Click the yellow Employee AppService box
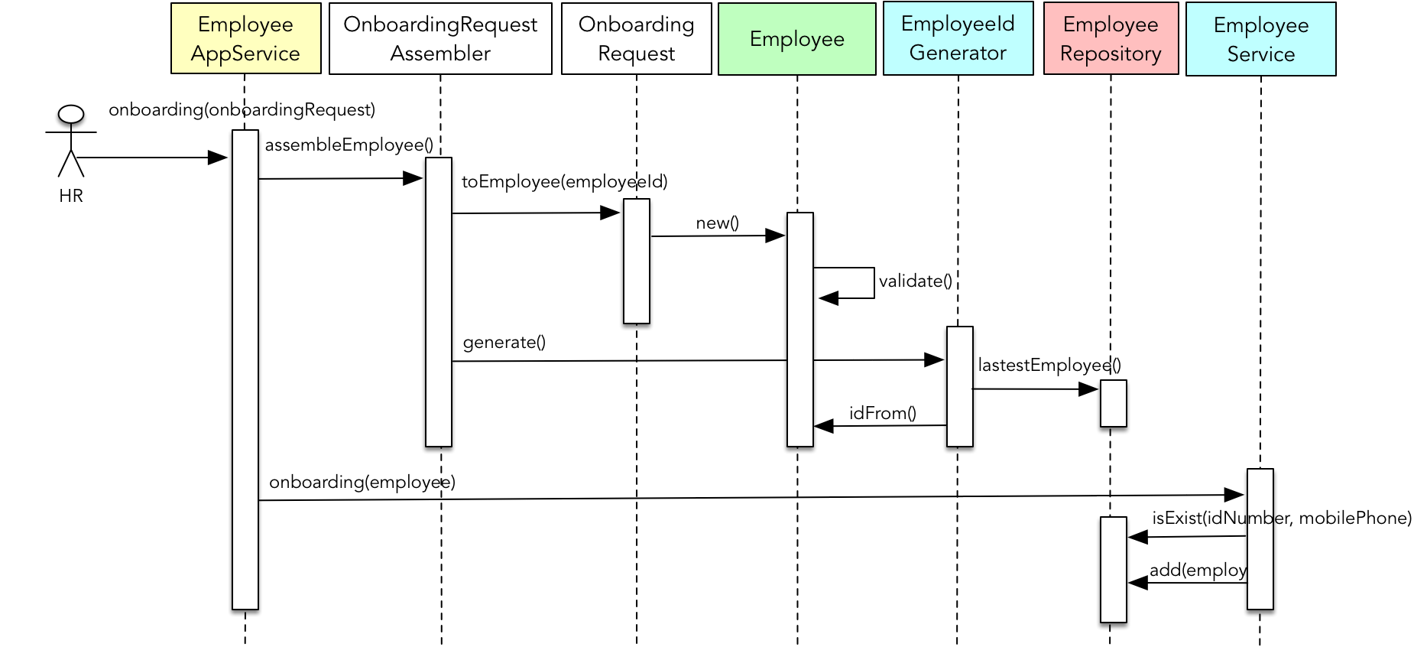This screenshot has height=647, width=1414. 245,39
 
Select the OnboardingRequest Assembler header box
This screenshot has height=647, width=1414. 440,39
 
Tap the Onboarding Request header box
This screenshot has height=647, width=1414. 636,39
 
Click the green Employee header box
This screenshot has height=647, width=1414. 796,39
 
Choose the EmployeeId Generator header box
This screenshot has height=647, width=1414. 958,38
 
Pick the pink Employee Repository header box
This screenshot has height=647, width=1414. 1111,39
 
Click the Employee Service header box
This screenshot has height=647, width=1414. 1260,40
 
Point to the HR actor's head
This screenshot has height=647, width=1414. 71,115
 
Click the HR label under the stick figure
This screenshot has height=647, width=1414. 71,196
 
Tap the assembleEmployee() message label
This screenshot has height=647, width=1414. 349,145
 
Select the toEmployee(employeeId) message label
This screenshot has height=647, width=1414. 564,182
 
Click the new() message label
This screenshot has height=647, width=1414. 717,223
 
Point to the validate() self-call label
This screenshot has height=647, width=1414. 915,281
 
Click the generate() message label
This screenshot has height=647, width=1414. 504,343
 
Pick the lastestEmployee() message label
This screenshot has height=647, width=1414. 1049,366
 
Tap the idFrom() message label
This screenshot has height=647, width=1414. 882,414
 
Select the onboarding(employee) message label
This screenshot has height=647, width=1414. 362,483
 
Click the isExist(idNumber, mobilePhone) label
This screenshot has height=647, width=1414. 1281,519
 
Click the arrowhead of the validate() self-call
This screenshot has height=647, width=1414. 827,298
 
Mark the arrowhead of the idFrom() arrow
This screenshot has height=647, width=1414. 823,426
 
